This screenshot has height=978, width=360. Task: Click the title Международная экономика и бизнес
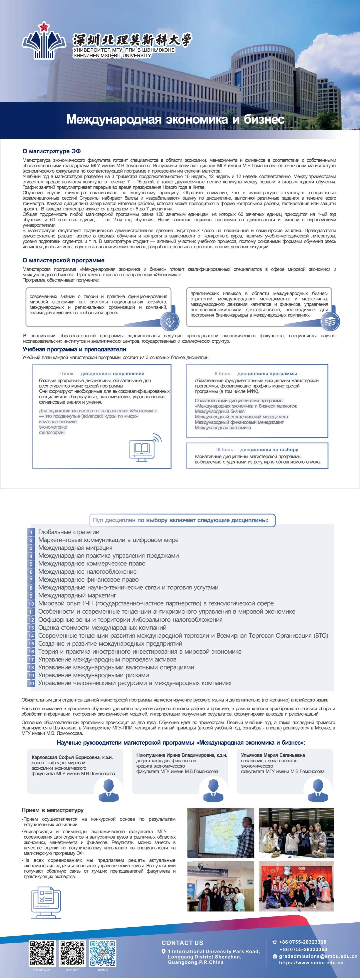point(175,119)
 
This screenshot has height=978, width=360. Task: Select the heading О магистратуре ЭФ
point(51,151)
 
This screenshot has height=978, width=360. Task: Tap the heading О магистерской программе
point(63,260)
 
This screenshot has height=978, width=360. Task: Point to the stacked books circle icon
point(330,321)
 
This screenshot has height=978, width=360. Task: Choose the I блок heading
point(101,374)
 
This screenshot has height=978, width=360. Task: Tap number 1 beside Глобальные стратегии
point(31,532)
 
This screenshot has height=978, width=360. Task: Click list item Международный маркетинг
point(77,595)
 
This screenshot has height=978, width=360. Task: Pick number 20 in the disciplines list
point(31,683)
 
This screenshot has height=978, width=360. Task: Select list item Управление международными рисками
point(94,675)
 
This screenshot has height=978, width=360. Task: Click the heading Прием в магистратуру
point(52,810)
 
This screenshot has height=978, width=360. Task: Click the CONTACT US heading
point(182,943)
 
